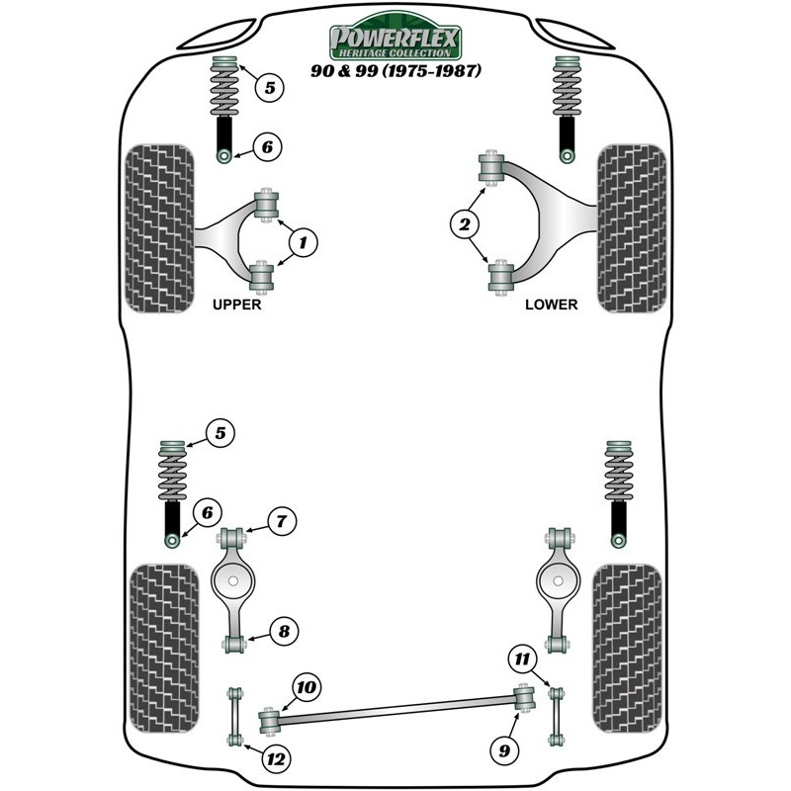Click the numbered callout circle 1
[x=303, y=242]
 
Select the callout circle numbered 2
[x=464, y=224]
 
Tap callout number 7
[x=282, y=521]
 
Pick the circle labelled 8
[x=284, y=631]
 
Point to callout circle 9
[x=504, y=750]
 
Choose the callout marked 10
[x=307, y=687]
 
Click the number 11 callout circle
[x=522, y=659]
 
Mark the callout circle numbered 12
[x=277, y=758]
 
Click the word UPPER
[x=236, y=305]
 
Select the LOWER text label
[x=551, y=305]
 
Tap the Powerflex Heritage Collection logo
[x=395, y=37]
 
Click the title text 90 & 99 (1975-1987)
[x=395, y=70]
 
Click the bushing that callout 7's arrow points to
[x=232, y=536]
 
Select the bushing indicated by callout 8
[x=233, y=645]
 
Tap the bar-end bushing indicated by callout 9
[x=524, y=697]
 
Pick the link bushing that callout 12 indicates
[x=234, y=740]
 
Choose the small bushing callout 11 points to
[x=557, y=694]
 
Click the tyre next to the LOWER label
[x=632, y=228]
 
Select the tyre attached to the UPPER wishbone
[x=159, y=228]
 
